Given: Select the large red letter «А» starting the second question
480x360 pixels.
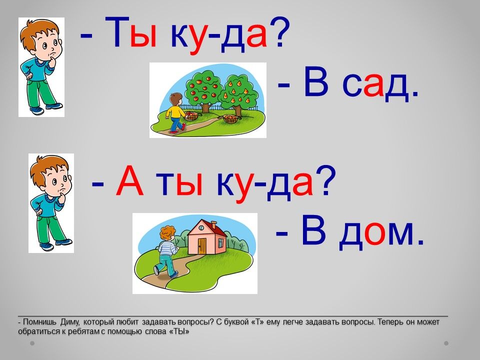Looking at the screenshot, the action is click(129, 180).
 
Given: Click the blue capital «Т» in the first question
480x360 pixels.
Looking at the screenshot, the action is click(116, 32).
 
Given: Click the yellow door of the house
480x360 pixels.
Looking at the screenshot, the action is click(202, 246).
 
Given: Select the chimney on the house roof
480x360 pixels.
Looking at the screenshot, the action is click(214, 224).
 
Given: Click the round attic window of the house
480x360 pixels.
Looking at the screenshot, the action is click(201, 228).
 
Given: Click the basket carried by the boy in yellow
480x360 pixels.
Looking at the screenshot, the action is click(192, 115).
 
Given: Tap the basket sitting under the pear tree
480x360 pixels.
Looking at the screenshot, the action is click(230, 118).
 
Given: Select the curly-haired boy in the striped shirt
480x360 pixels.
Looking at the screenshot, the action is click(166, 251).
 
